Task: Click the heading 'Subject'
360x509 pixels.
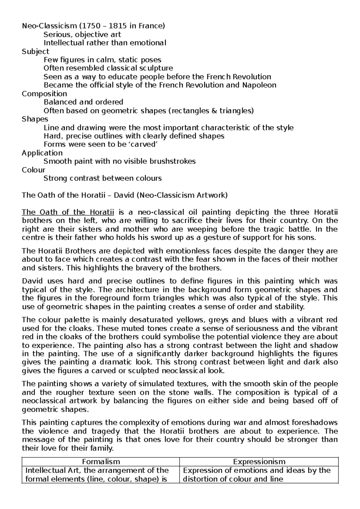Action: tap(35, 52)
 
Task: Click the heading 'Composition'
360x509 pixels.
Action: tap(44, 94)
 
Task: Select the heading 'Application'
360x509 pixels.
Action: tap(42, 153)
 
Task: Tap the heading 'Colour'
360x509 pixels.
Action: tap(33, 170)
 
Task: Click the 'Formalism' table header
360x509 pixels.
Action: tap(101, 462)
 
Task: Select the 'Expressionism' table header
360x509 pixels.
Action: tap(259, 462)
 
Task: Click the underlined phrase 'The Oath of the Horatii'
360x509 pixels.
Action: tap(68, 212)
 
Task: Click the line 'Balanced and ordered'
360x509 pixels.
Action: tap(83, 102)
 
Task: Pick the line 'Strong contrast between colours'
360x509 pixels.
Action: tap(103, 179)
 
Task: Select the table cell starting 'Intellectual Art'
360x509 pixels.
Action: tap(97, 474)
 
